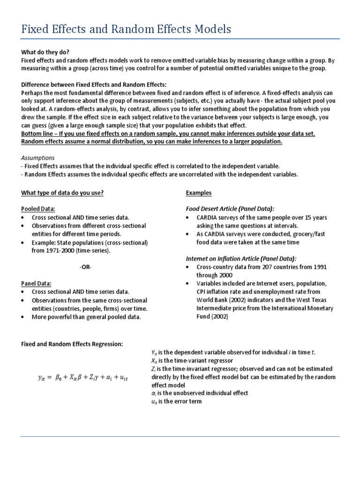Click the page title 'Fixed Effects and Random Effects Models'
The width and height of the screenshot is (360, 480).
[126, 30]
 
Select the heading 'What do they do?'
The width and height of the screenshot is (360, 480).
[45, 52]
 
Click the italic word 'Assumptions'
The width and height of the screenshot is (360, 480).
[38, 158]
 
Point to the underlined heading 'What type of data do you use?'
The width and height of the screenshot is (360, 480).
[63, 193]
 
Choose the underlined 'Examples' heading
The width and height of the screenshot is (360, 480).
[199, 193]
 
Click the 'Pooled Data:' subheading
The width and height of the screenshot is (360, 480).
[38, 209]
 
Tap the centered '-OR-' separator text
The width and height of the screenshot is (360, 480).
[86, 267]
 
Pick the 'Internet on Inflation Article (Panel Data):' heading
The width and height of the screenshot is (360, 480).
[241, 258]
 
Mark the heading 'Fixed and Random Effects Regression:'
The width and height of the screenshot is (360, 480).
[72, 344]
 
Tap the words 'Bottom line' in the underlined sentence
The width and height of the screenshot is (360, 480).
[38, 134]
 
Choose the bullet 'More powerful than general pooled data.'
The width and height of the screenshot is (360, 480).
[86, 317]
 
